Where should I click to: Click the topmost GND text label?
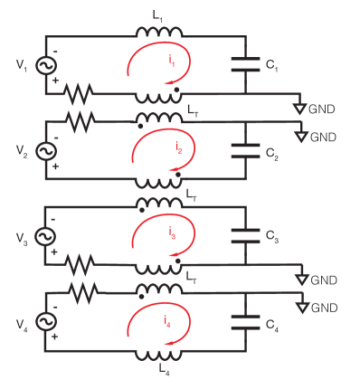323,109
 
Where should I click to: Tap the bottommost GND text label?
323,308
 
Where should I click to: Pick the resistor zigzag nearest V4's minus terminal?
81,292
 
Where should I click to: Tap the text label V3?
20,237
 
